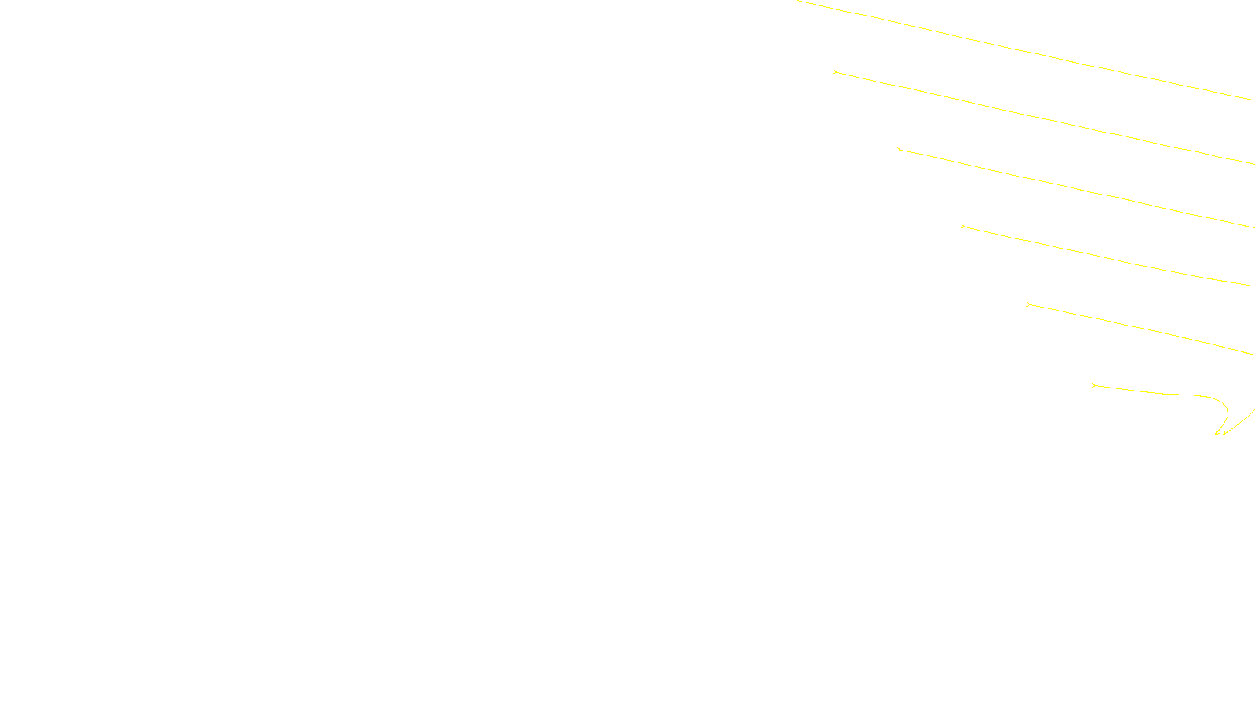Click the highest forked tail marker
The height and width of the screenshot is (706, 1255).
(835, 71)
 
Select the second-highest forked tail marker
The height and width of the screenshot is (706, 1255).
(899, 149)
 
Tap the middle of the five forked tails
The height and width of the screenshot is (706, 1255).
(963, 227)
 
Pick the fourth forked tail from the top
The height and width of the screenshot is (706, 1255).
(1028, 304)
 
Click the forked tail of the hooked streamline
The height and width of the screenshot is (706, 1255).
(1093, 385)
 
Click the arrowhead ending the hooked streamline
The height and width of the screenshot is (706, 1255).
(1217, 433)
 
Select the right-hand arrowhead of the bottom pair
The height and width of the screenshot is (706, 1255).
(1225, 433)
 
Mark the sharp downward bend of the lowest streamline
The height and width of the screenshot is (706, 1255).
(1225, 404)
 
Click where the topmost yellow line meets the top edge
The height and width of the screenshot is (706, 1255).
(798, 1)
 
